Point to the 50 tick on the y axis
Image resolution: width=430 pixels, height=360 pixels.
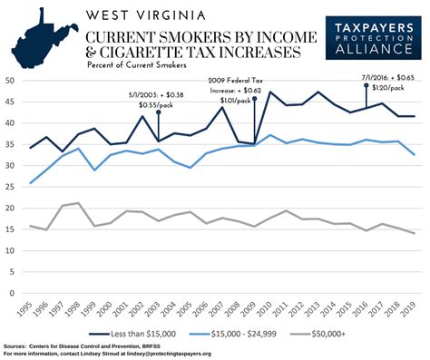click(12, 80)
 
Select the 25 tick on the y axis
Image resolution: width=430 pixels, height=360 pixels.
click(12, 187)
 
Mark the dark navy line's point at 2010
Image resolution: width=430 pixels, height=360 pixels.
click(270, 92)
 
